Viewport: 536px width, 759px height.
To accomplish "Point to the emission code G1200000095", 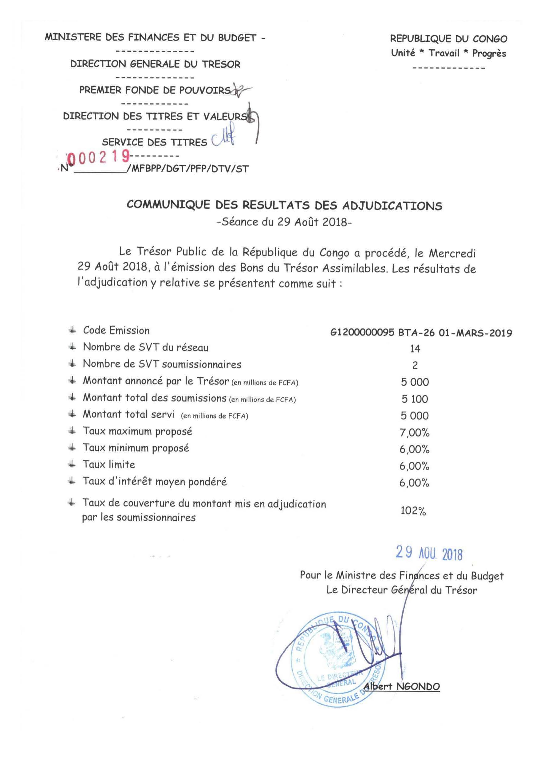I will point(362,332).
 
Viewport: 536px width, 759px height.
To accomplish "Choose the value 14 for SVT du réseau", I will point(415,348).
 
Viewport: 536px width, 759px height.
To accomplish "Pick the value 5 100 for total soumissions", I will point(415,399).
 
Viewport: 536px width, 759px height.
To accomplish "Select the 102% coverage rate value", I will point(413,511).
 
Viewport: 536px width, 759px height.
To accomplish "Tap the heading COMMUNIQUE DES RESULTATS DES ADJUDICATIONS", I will point(284,206).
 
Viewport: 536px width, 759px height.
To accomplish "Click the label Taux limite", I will point(109,464).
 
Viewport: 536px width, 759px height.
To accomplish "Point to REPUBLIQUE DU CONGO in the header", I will point(448,39).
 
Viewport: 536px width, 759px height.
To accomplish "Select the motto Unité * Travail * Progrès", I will point(448,53).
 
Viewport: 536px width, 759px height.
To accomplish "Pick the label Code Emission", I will point(116,330).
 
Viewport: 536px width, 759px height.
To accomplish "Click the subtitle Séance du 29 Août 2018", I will point(284,222).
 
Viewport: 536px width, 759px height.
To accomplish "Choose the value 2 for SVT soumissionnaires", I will point(415,365).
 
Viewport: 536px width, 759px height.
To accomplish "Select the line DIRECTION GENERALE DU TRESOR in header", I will point(155,64).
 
